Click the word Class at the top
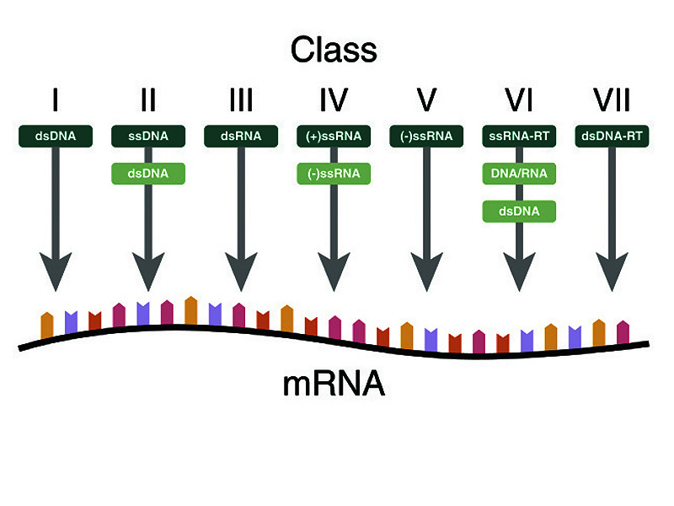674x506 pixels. coord(334,50)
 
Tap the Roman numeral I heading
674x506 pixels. coord(55,100)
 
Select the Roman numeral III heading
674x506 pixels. coord(241,100)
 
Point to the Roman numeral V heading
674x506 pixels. coord(427,100)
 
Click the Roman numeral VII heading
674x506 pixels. coord(612,100)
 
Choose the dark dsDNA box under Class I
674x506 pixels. coord(55,136)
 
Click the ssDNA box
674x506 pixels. coord(148,136)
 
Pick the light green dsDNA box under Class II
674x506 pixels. coord(148,174)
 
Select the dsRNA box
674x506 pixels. coord(241,136)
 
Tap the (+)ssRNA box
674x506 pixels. coord(334,136)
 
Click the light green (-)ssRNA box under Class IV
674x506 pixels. coord(334,174)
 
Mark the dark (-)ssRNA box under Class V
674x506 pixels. coord(427,136)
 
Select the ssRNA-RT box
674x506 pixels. coord(519,136)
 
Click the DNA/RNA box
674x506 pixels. coord(519,174)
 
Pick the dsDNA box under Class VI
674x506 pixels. coord(519,211)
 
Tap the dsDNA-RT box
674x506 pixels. coord(612,136)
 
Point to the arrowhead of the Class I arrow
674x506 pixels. coord(55,270)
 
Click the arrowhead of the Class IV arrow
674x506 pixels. coord(334,270)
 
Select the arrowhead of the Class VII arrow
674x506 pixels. coord(612,270)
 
